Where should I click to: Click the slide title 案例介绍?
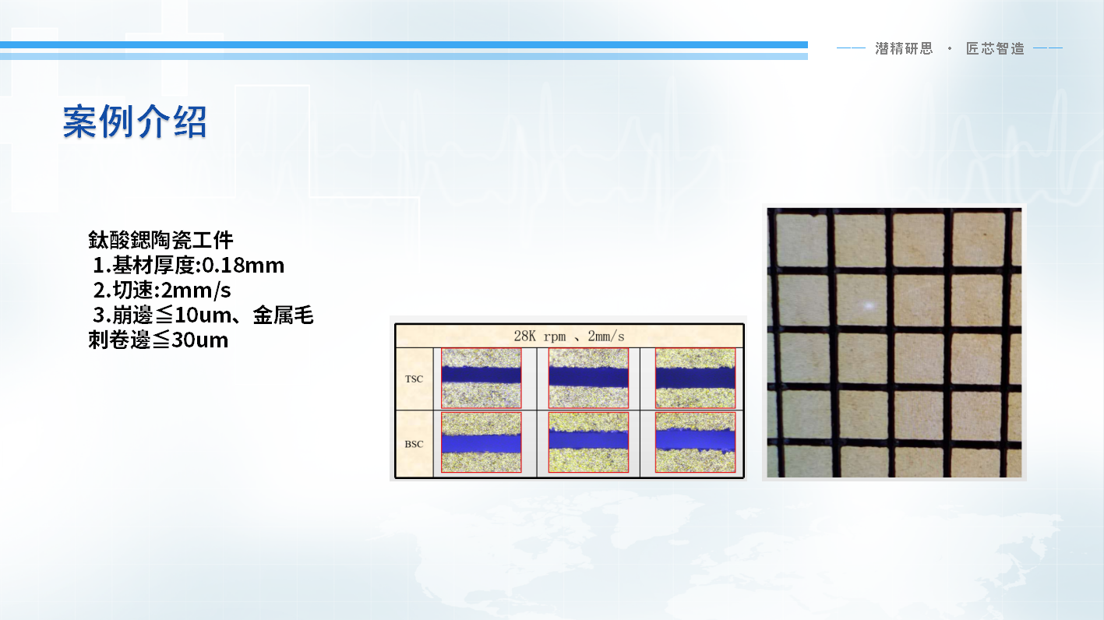pyautogui.click(x=135, y=122)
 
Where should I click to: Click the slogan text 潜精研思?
pyautogui.click(x=904, y=48)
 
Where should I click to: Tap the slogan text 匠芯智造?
pyautogui.click(x=995, y=48)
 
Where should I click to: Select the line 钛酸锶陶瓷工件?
pyautogui.click(x=160, y=240)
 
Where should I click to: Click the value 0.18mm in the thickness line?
pyautogui.click(x=243, y=265)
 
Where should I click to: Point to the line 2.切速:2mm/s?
pyautogui.click(x=162, y=291)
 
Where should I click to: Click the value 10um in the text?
pyautogui.click(x=203, y=315)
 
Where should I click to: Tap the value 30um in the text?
pyautogui.click(x=199, y=340)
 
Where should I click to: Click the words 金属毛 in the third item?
pyautogui.click(x=284, y=315)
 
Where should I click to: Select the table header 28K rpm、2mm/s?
pyautogui.click(x=570, y=336)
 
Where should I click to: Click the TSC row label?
pyautogui.click(x=414, y=379)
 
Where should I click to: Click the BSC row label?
pyautogui.click(x=414, y=444)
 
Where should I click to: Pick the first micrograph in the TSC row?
pyautogui.click(x=481, y=378)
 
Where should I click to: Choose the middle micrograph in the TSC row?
pyautogui.click(x=588, y=378)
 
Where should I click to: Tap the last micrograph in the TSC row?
pyautogui.click(x=696, y=378)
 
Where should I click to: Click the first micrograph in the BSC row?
pyautogui.click(x=481, y=442)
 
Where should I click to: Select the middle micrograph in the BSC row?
pyautogui.click(x=588, y=442)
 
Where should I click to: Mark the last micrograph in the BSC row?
pyautogui.click(x=696, y=442)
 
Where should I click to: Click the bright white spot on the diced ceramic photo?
pyautogui.click(x=869, y=306)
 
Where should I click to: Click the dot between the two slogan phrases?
pyautogui.click(x=950, y=48)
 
